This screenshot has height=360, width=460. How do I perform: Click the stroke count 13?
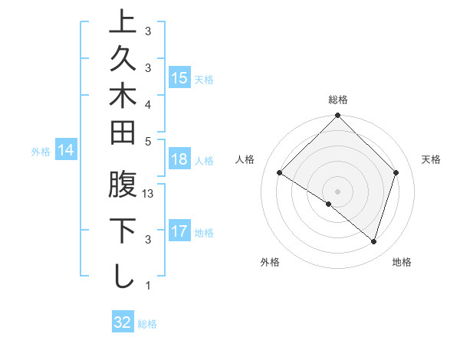pyautogui.click(x=149, y=195)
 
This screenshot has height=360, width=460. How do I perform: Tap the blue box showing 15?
pyautogui.click(x=179, y=77)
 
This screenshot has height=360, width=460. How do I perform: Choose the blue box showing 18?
pyautogui.click(x=179, y=159)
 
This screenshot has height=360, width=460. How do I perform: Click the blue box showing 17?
pyautogui.click(x=179, y=232)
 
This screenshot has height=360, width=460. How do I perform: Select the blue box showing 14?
pyautogui.click(x=67, y=151)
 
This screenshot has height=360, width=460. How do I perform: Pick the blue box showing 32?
pyautogui.click(x=123, y=322)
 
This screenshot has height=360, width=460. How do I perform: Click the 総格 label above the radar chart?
pyautogui.click(x=338, y=100)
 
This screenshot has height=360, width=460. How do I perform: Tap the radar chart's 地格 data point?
pyautogui.click(x=373, y=241)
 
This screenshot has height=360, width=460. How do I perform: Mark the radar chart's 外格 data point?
pyautogui.click(x=329, y=204)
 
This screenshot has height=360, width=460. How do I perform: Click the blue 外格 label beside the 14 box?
pyautogui.click(x=41, y=152)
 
